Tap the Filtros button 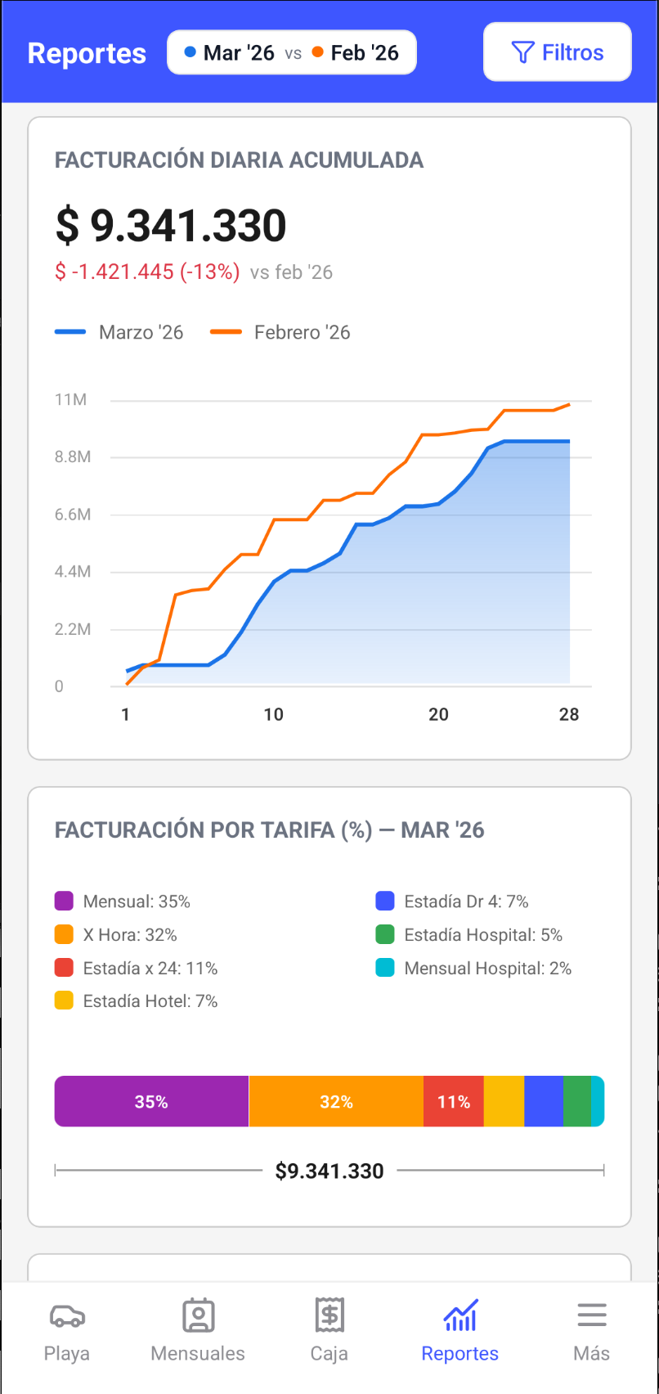point(557,52)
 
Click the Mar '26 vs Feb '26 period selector point(292,53)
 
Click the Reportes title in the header point(87,53)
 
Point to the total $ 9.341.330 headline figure point(171,226)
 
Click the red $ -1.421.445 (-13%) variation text point(147,272)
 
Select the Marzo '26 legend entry point(119,332)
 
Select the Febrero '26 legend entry point(280,332)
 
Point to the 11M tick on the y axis point(71,400)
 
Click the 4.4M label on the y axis point(72,572)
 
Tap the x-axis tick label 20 point(438,714)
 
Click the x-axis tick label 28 point(569,714)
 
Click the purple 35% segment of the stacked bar point(151,1102)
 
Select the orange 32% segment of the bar point(336,1102)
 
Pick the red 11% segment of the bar point(453,1102)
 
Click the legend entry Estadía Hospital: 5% point(468,935)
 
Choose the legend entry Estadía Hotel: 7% point(137,1001)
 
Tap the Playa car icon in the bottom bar point(67,1316)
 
